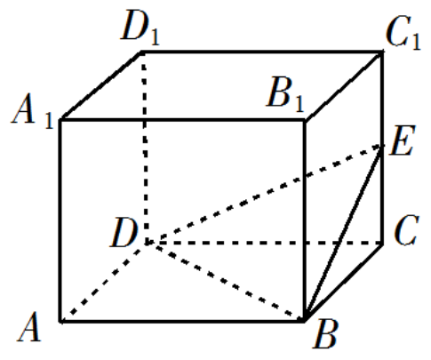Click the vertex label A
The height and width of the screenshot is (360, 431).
(29, 327)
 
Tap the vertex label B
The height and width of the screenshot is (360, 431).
(326, 334)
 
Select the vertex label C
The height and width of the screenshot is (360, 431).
(406, 230)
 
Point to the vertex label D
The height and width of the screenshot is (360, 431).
(124, 232)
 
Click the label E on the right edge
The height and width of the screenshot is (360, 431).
(403, 140)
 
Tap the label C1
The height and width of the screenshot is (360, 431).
(403, 33)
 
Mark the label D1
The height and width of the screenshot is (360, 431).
(140, 28)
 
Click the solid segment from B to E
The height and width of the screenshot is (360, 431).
(343, 234)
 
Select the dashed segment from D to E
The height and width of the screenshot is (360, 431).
(264, 195)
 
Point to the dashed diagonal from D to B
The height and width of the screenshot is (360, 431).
(225, 282)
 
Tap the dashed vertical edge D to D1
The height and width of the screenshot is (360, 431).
(145, 148)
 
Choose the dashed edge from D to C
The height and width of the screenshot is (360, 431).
(264, 243)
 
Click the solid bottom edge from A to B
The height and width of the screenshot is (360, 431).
(182, 321)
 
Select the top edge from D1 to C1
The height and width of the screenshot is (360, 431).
(262, 52)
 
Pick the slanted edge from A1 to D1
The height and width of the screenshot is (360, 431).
(101, 86)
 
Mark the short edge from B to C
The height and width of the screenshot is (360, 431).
(343, 283)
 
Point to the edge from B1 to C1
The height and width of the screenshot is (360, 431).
(344, 86)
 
